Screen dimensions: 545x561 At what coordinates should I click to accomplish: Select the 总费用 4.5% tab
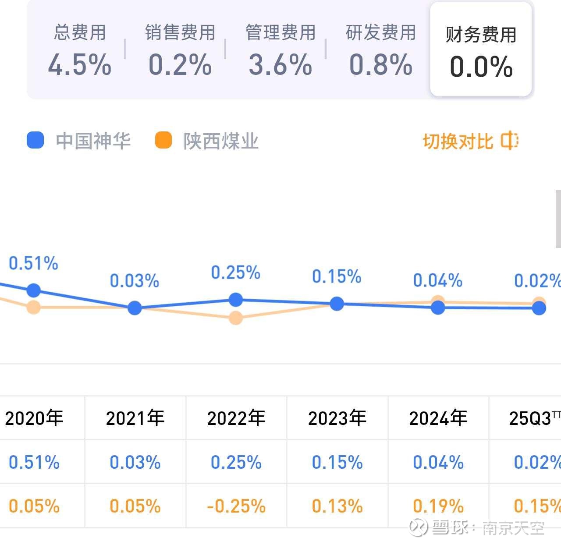click(80, 50)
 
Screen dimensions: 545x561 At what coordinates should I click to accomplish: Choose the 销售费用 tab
click(180, 50)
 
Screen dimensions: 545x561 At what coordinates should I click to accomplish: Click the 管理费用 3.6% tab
click(280, 50)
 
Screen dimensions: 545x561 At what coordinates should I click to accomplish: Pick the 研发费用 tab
click(380, 50)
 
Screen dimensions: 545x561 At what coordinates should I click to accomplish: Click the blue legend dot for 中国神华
click(35, 141)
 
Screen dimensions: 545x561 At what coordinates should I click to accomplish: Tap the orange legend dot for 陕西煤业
click(163, 141)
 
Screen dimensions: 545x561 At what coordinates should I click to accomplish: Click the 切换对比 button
click(471, 141)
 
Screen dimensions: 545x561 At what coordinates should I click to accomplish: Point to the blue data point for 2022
click(236, 300)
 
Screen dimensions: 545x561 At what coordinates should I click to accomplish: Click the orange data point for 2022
click(236, 318)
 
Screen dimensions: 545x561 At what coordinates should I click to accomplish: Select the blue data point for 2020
click(34, 290)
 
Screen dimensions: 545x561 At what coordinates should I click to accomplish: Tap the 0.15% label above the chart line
click(337, 276)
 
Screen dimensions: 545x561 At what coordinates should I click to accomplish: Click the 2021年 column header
click(135, 418)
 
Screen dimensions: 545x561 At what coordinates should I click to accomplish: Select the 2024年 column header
click(438, 418)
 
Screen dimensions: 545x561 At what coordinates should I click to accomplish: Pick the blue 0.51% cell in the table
click(34, 462)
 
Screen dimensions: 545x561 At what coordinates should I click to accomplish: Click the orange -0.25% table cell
click(236, 506)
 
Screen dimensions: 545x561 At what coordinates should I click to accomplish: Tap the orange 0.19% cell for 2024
click(438, 506)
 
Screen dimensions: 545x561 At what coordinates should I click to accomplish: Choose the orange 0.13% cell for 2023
click(337, 506)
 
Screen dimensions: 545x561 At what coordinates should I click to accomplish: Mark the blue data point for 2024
click(438, 308)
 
